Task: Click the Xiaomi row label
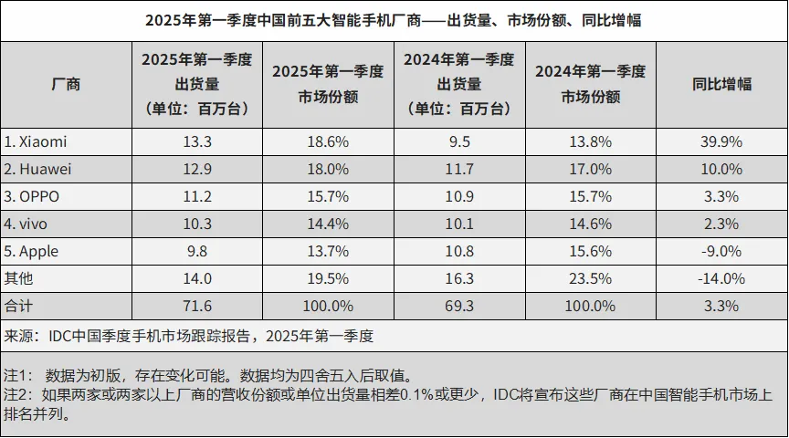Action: point(36,141)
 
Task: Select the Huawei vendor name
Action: point(38,169)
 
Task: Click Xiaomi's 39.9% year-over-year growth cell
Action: point(721,141)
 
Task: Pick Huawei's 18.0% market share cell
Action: point(329,169)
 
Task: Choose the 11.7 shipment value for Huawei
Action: point(458,169)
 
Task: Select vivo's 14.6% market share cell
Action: point(590,224)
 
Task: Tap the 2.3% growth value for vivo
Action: point(721,224)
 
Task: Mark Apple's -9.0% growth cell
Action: point(721,251)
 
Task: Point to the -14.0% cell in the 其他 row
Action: point(721,278)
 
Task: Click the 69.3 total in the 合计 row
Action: point(458,306)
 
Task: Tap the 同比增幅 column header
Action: point(721,84)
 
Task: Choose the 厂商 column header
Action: point(66,84)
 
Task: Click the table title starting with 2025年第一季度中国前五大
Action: point(394,20)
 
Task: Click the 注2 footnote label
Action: point(17,395)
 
